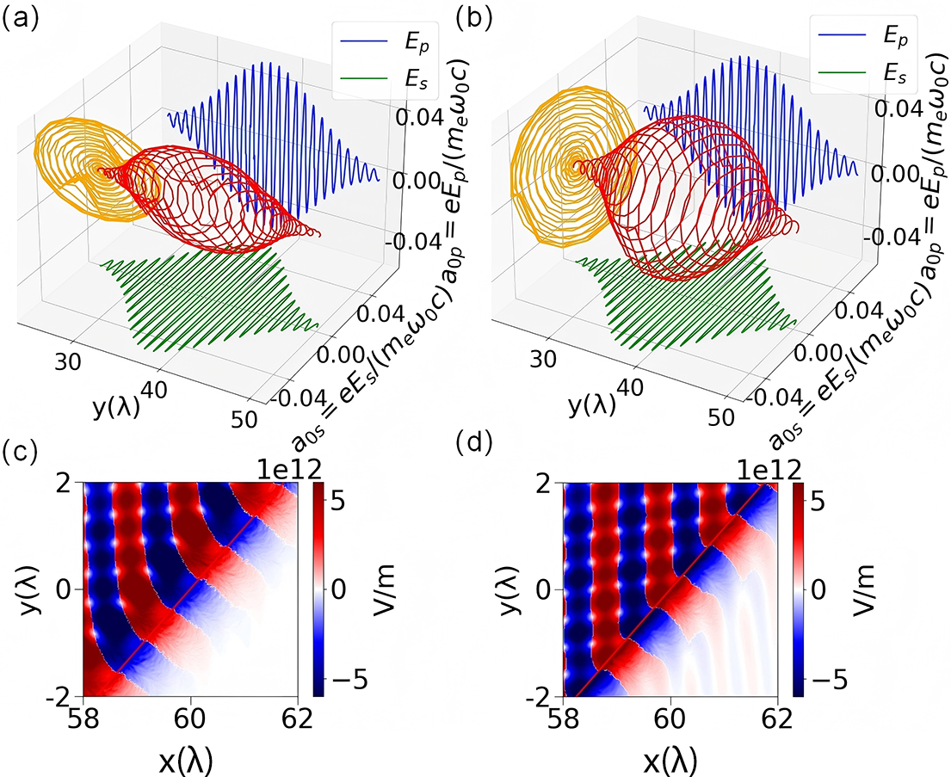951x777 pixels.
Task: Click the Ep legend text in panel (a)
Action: click(x=417, y=42)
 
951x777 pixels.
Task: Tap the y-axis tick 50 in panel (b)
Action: click(x=721, y=417)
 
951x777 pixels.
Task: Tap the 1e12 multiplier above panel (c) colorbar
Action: click(x=287, y=470)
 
